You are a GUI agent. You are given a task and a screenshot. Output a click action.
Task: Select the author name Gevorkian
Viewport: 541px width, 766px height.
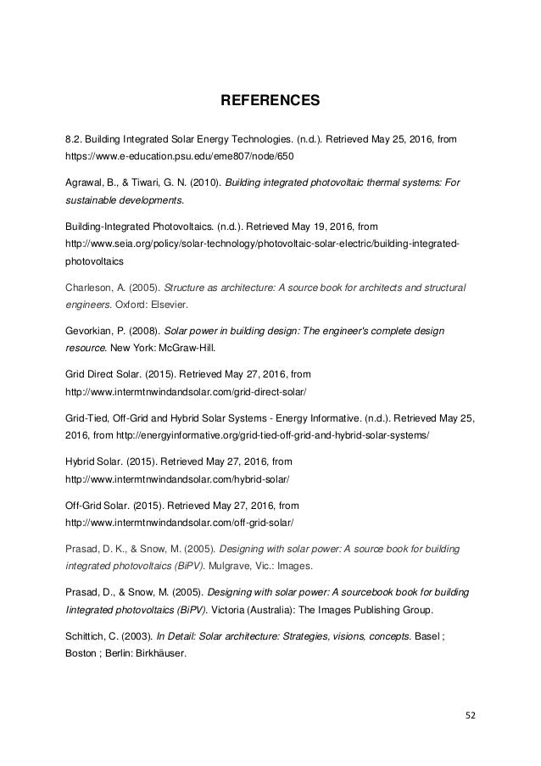tap(91, 329)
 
